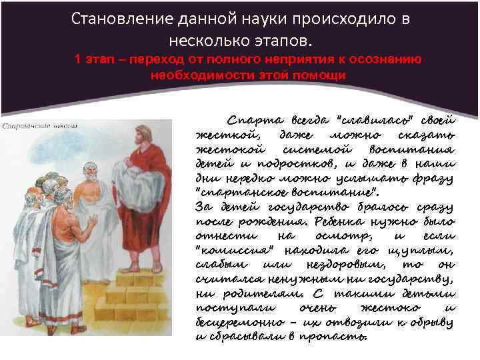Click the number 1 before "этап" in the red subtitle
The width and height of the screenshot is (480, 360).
pyautogui.click(x=79, y=59)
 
